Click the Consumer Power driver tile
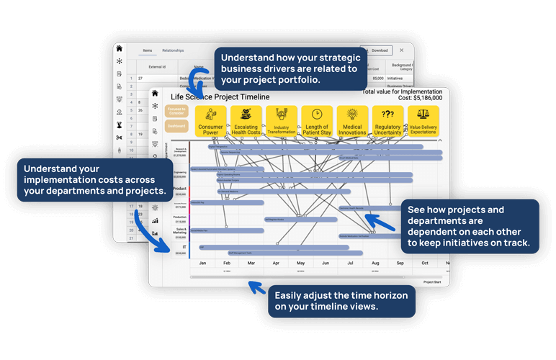pyautogui.click(x=210, y=121)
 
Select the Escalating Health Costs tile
pyautogui.click(x=246, y=121)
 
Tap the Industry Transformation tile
pyautogui.click(x=281, y=121)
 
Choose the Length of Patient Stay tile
pyautogui.click(x=316, y=121)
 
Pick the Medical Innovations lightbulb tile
pyautogui.click(x=352, y=121)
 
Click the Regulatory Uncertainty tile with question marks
pyautogui.click(x=387, y=121)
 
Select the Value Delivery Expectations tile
pyautogui.click(x=423, y=121)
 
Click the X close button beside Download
pyautogui.click(x=402, y=50)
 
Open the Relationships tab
pyautogui.click(x=173, y=50)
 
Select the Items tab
pyautogui.click(x=147, y=50)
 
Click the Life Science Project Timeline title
pyautogui.click(x=220, y=96)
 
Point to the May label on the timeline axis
pyautogui.click(x=301, y=264)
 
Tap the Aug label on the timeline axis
pyautogui.click(x=375, y=264)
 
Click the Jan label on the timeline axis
pyautogui.click(x=203, y=264)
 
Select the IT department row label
pyautogui.click(x=184, y=246)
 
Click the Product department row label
pyautogui.click(x=179, y=189)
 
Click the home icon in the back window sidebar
pyautogui.click(x=119, y=49)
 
